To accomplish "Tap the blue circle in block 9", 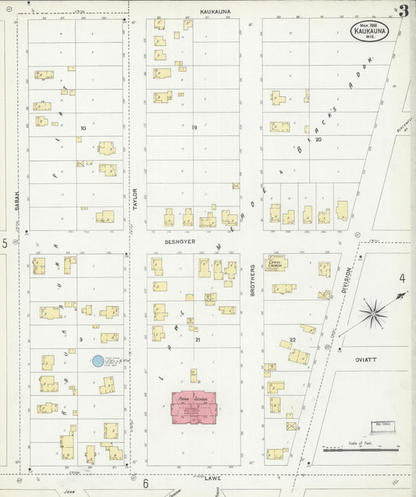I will coord(97,360).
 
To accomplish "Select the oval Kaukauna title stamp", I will coord(368,31).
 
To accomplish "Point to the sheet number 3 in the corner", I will coord(403,11).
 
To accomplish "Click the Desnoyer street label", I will coord(179,241).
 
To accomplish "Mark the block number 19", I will coord(194,127).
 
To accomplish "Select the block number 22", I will coord(292,338).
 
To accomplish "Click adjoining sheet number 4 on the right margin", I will coord(403,277).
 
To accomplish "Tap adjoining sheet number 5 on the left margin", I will coord(5,244).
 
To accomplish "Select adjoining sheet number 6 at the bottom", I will coord(144,484).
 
